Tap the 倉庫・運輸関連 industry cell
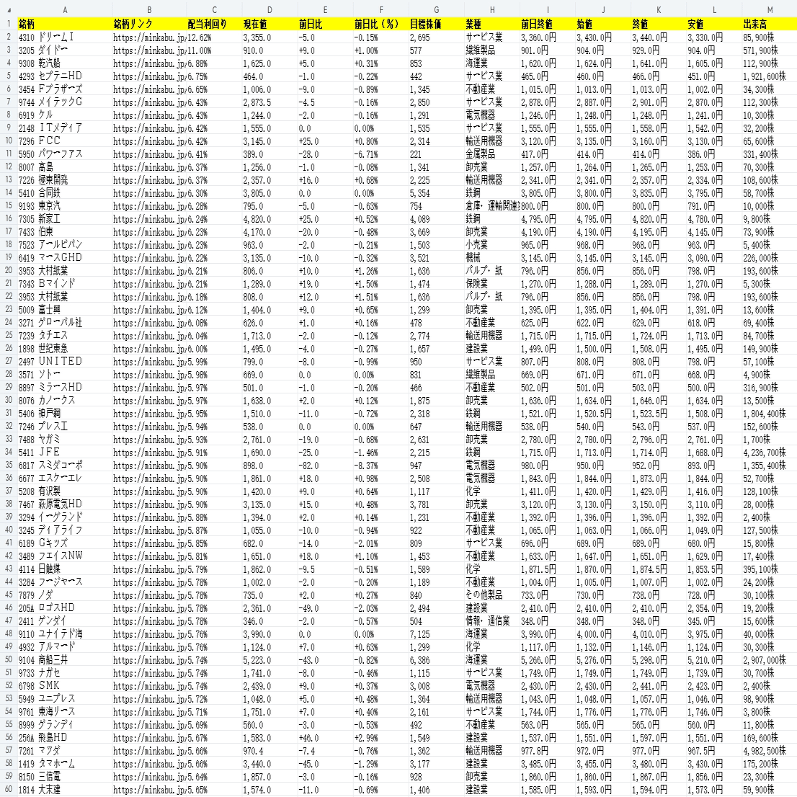pos(492,205)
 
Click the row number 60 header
pos(7,789)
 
